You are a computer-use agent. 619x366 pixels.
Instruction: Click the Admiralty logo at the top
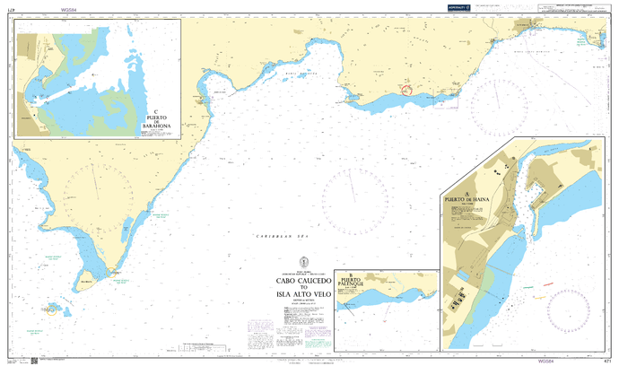tap(458, 8)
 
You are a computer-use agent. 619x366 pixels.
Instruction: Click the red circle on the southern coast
tap(407, 89)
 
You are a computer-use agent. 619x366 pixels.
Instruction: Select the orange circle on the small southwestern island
tap(52, 309)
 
